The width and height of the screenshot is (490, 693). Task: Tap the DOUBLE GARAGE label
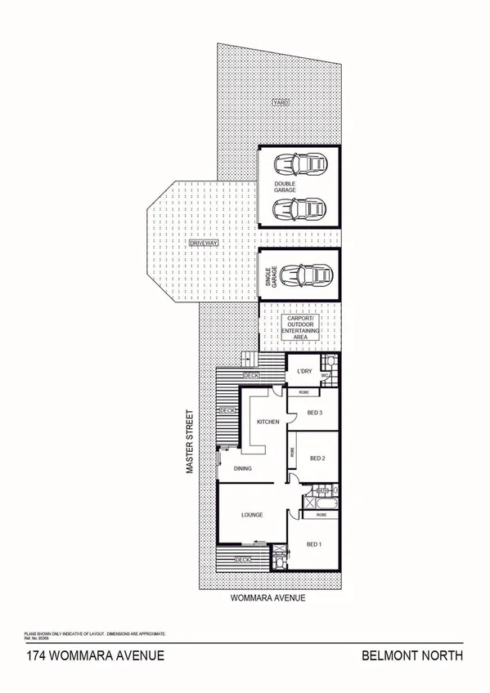point(285,186)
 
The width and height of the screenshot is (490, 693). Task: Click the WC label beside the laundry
point(326,377)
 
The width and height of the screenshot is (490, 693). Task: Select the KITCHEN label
point(268,422)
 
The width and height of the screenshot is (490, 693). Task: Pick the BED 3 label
point(316,414)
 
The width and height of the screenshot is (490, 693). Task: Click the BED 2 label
point(319,458)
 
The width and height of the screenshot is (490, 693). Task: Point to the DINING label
point(243,468)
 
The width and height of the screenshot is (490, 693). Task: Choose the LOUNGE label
point(251,516)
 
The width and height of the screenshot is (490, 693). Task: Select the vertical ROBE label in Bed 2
point(290,450)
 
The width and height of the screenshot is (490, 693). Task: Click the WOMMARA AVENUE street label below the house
point(269,598)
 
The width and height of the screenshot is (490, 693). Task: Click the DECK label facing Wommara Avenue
point(243,560)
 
